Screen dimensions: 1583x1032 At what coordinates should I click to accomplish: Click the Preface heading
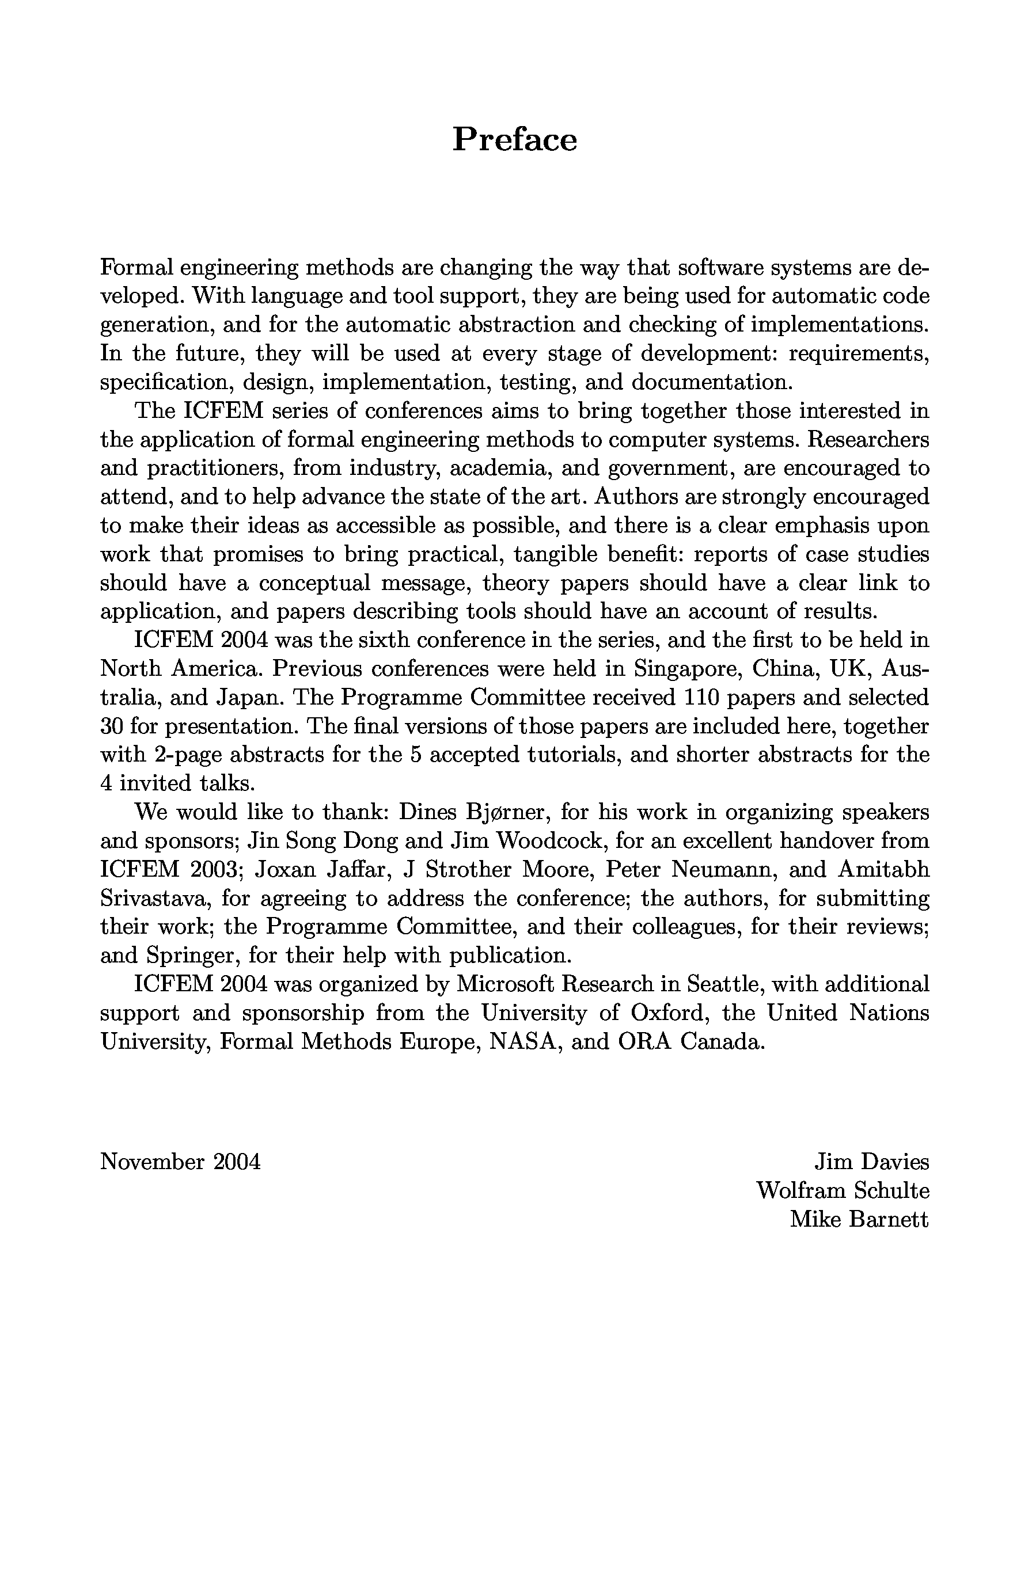pyautogui.click(x=514, y=140)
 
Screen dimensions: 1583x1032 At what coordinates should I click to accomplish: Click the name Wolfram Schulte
pyautogui.click(x=843, y=1190)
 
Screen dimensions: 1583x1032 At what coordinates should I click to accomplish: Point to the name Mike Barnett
pyautogui.click(x=859, y=1219)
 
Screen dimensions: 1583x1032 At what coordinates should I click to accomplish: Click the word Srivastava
pyautogui.click(x=157, y=899)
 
